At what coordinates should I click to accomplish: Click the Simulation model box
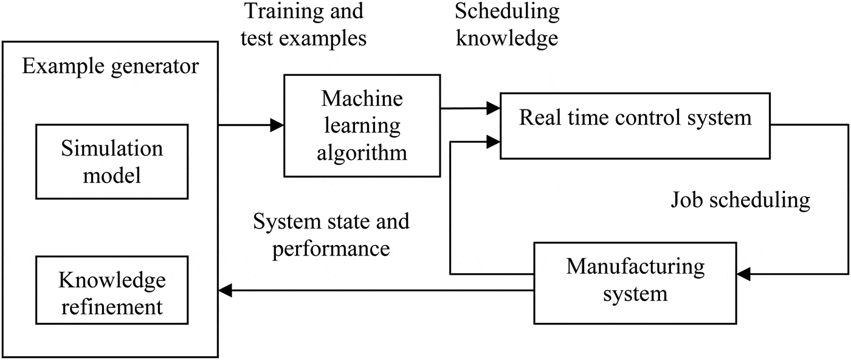coord(112,162)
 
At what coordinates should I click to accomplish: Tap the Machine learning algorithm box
coord(362,126)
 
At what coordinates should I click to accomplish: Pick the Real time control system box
coord(635,126)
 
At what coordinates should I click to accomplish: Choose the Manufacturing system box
coord(635,283)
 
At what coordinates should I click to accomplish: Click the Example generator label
coord(110,66)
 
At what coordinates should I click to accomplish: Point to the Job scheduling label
coord(740,200)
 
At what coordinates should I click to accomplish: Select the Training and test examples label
coord(303,25)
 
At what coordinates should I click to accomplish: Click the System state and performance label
coord(331,235)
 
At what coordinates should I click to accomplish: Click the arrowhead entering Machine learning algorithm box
coord(277,126)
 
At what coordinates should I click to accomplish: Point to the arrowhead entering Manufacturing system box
coord(743,275)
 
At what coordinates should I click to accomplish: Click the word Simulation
coord(112,150)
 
